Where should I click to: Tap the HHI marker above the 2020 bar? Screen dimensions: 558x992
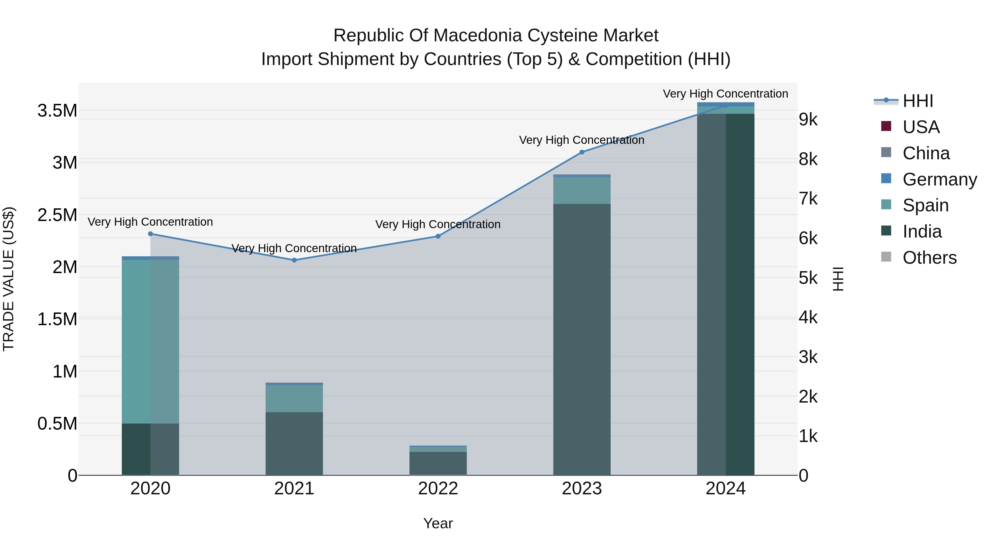tap(150, 234)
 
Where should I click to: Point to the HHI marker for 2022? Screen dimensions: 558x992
tap(438, 236)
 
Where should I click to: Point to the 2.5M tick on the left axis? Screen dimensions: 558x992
tap(57, 215)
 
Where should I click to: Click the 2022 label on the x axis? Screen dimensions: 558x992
tap(438, 489)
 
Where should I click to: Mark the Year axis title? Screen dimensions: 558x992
tap(438, 523)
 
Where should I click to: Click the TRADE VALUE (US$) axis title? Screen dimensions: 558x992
tap(9, 279)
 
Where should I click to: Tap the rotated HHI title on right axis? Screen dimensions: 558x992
tap(838, 279)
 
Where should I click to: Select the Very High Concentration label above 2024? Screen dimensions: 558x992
tap(725, 94)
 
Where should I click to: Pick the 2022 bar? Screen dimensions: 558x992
tap(438, 462)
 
